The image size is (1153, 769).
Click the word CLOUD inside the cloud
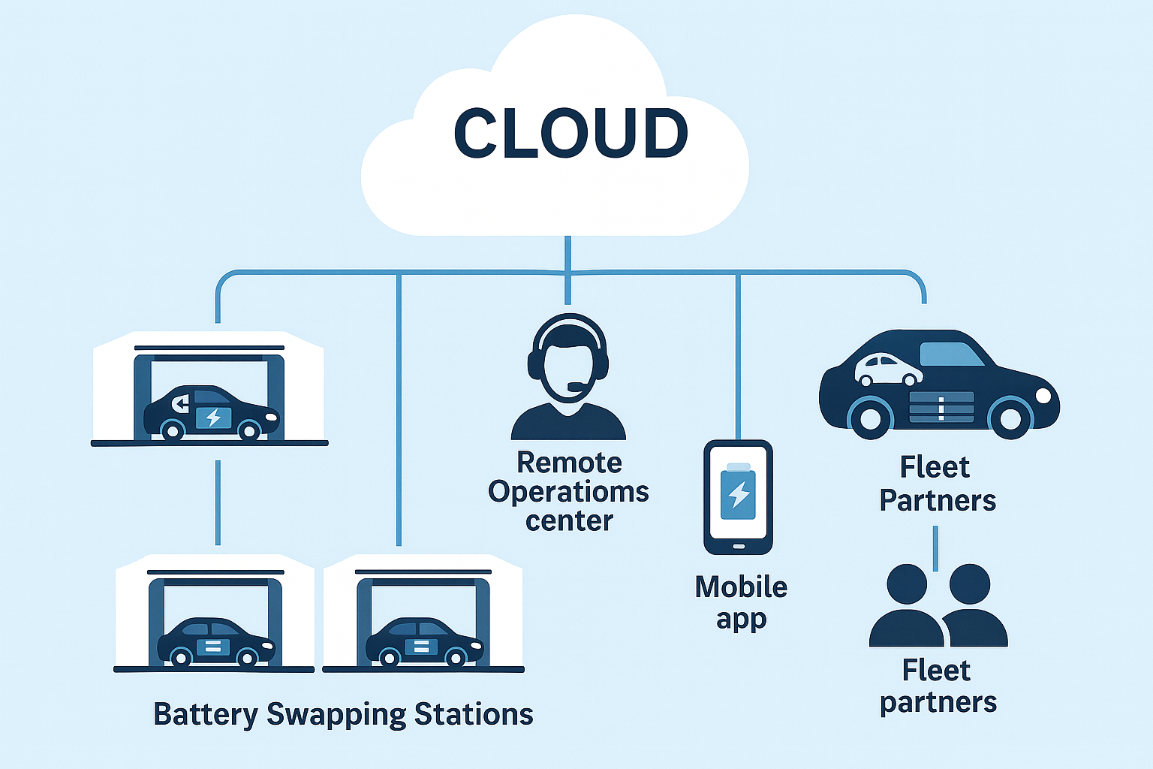click(570, 133)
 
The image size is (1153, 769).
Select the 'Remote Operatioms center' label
click(568, 491)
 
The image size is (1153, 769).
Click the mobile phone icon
click(738, 496)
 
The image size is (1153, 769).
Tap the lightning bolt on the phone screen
click(739, 493)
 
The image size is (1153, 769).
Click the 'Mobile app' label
click(741, 602)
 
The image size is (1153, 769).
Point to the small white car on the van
click(888, 369)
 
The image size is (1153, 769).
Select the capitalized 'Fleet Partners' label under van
click(937, 484)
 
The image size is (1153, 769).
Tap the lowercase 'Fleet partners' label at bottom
click(938, 686)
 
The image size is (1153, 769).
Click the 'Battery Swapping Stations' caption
click(343, 714)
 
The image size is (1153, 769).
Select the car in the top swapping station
click(211, 413)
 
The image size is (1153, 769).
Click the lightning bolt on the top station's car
click(213, 418)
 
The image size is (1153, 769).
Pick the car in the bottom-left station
click(215, 643)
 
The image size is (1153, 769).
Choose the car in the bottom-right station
click(424, 643)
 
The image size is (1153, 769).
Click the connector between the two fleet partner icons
click(935, 548)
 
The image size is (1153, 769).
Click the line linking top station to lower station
click(218, 502)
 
